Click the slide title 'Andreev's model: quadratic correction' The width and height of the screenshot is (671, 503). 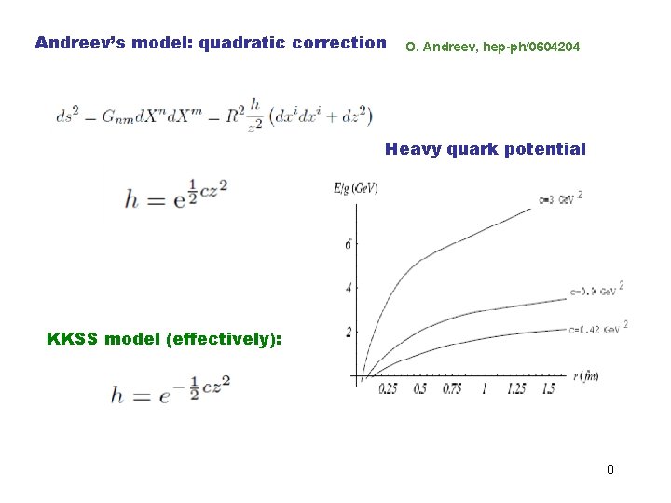[x=210, y=43]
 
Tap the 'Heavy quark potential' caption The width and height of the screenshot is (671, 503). [x=486, y=149]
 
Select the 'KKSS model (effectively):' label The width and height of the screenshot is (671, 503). [x=164, y=338]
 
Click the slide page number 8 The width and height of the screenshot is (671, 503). [x=609, y=469]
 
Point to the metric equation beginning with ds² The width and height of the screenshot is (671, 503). [x=213, y=116]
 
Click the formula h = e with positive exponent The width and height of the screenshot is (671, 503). [x=176, y=197]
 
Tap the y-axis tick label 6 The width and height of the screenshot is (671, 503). [x=348, y=245]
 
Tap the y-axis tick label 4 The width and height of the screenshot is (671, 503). [x=348, y=289]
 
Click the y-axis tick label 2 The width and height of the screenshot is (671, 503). [x=348, y=333]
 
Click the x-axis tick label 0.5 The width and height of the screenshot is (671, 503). [x=420, y=389]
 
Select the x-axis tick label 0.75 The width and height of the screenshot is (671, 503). [x=452, y=389]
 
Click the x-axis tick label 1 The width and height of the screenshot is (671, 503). [x=484, y=389]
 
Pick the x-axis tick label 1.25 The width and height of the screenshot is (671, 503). [x=515, y=389]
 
